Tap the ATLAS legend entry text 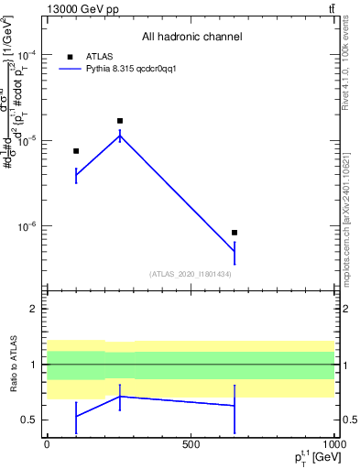(99, 56)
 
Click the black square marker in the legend (68, 56)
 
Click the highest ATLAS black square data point (120, 121)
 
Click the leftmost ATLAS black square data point (76, 151)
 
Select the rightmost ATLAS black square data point (235, 233)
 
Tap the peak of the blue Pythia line (120, 136)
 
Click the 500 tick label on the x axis (191, 444)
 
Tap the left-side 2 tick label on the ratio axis (35, 309)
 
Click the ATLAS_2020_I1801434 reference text (191, 274)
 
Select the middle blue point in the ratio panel (120, 396)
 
